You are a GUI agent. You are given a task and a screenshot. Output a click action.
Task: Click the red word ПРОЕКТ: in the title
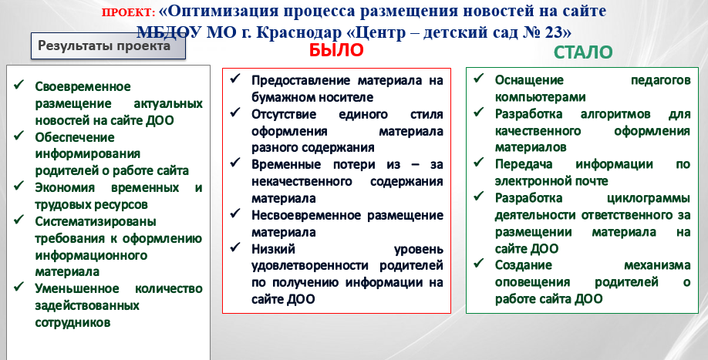click(128, 12)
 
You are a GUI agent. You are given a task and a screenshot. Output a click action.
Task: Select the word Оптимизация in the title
click(218, 10)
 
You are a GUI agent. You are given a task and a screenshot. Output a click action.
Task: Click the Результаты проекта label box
click(108, 46)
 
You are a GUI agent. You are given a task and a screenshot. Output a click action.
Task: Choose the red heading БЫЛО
click(336, 51)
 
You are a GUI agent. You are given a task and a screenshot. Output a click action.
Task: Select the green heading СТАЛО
click(583, 52)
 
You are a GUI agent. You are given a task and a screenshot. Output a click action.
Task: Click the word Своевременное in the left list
click(83, 86)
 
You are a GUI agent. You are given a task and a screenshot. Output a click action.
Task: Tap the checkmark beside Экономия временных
click(19, 186)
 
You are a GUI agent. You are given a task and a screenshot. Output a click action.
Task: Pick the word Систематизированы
click(96, 221)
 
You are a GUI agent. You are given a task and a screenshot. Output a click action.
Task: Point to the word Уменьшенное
click(77, 289)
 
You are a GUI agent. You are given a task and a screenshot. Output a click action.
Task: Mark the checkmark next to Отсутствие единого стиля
click(234, 112)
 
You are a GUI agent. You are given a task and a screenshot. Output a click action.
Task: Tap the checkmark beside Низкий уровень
click(234, 247)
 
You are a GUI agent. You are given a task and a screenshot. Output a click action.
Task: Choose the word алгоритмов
click(615, 114)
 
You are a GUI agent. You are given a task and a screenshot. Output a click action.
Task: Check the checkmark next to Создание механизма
click(479, 263)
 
